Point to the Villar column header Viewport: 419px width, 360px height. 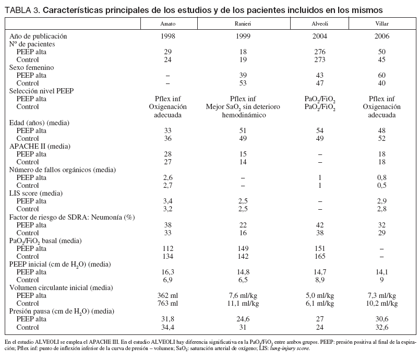point(381,24)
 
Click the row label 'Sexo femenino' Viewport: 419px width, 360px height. point(32,68)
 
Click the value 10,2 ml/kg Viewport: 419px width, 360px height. point(381,302)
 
